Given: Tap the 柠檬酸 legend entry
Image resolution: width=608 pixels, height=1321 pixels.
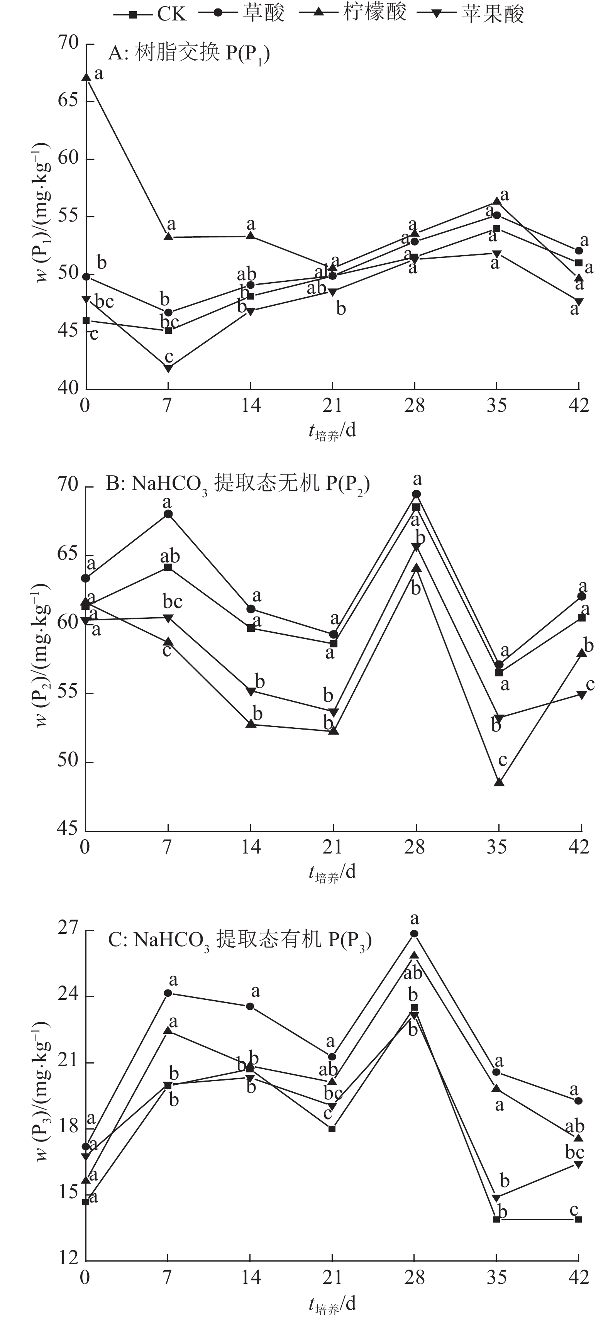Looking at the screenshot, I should click(x=354, y=14).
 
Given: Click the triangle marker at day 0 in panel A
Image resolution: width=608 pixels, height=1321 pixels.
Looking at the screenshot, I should click(x=86, y=77).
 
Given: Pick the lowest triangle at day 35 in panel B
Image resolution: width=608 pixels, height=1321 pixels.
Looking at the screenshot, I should click(x=499, y=782).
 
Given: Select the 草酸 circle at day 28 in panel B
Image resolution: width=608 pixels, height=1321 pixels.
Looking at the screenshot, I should click(x=416, y=494).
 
